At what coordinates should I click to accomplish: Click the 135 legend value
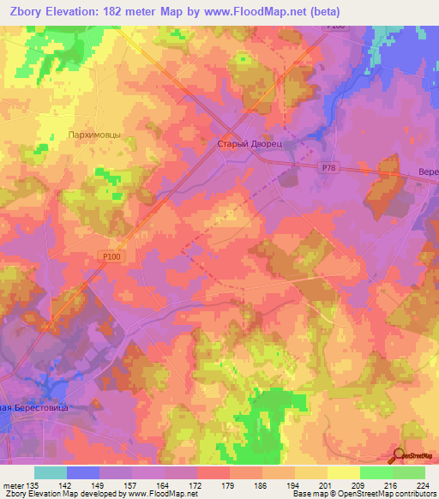click(34, 484)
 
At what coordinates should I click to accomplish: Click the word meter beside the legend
click(13, 484)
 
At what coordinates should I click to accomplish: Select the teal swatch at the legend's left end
click(51, 472)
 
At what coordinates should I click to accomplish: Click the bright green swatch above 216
click(376, 472)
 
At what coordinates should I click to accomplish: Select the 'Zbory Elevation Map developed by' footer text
click(60, 494)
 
